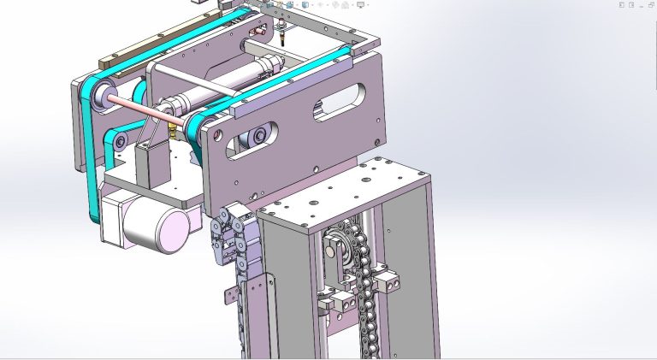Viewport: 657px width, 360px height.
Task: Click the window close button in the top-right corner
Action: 650,5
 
